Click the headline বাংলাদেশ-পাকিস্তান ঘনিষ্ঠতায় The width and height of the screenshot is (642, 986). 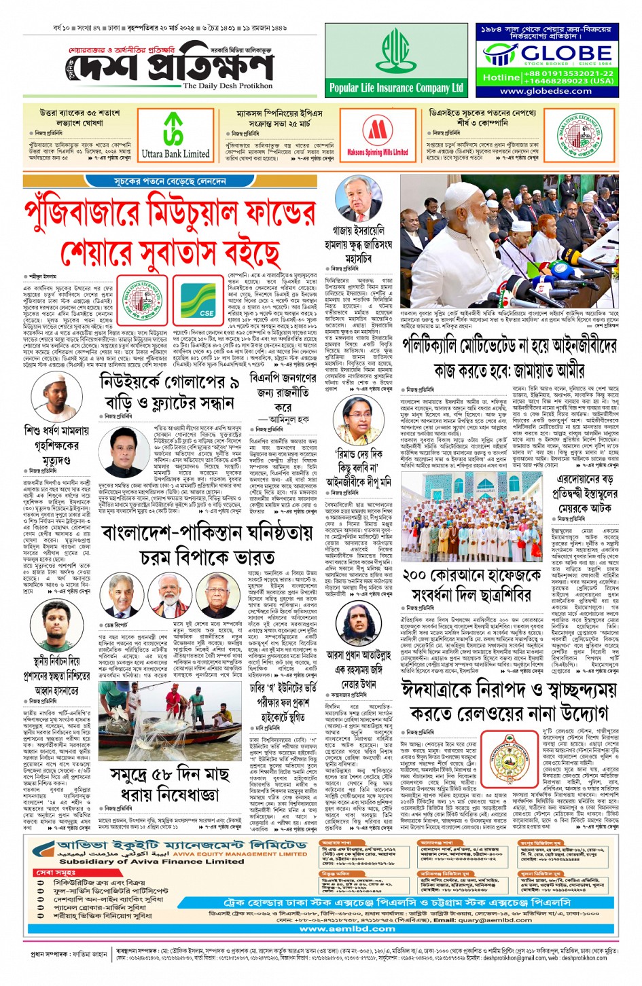tap(207, 532)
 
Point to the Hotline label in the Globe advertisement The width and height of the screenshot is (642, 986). tap(501, 77)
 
